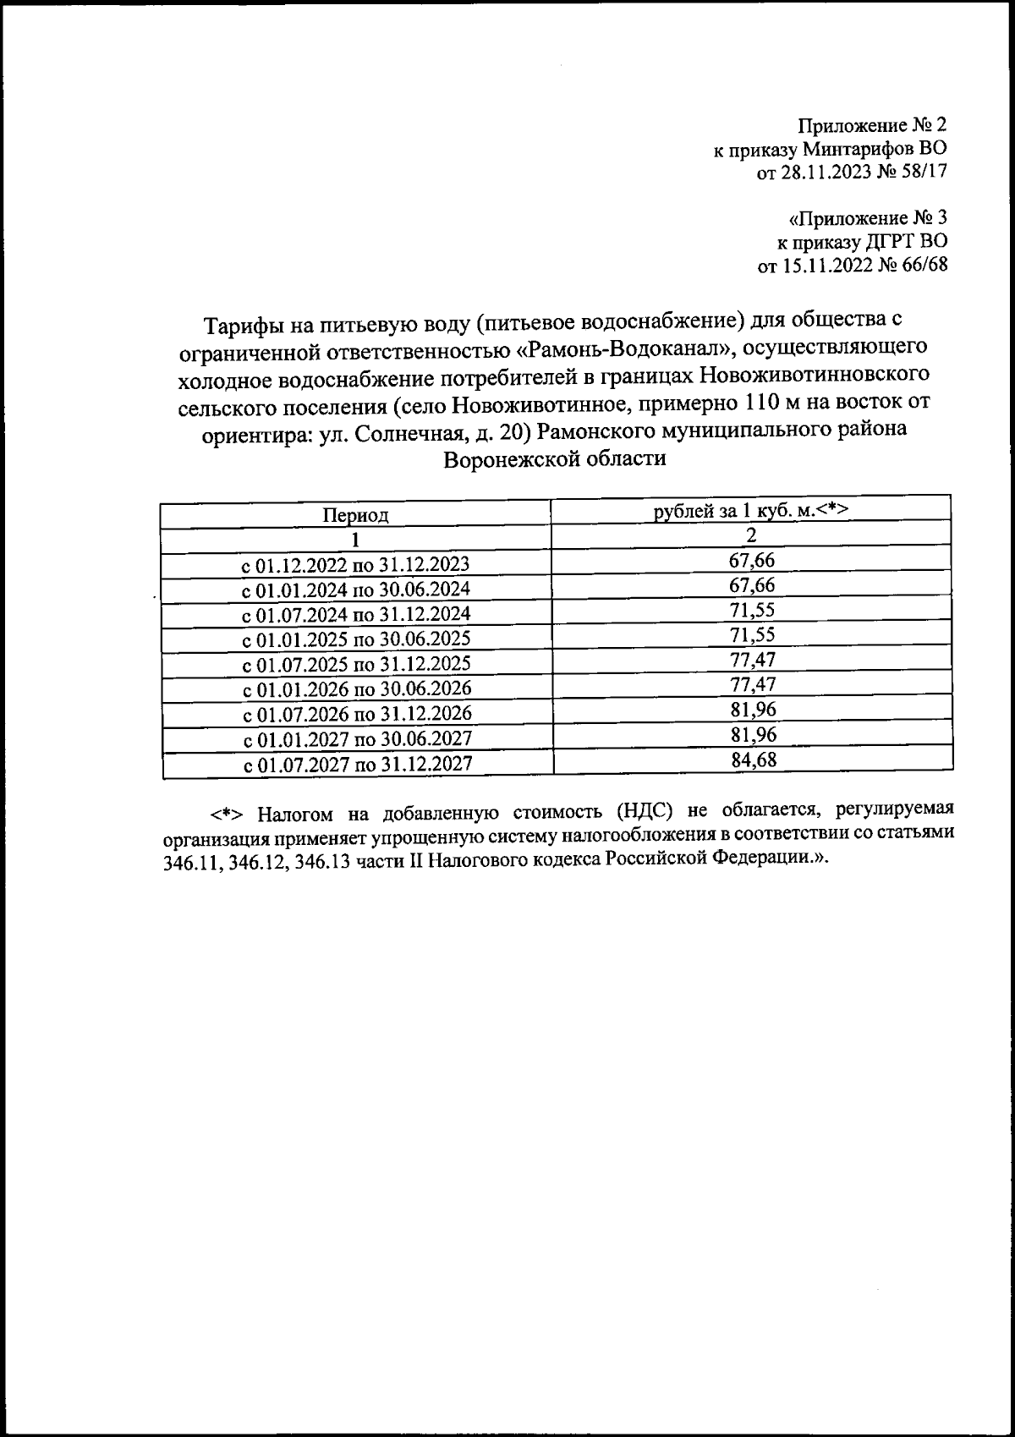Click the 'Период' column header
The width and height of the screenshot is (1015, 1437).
pyautogui.click(x=355, y=514)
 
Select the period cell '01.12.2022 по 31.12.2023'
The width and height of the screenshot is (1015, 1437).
pyautogui.click(x=356, y=564)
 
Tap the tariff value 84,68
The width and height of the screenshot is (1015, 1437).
pyautogui.click(x=753, y=759)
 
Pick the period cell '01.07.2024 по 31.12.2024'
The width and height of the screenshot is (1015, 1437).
pyautogui.click(x=356, y=613)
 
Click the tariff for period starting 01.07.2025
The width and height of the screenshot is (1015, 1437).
pyautogui.click(x=753, y=659)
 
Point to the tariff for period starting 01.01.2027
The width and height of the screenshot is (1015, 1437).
pyautogui.click(x=753, y=733)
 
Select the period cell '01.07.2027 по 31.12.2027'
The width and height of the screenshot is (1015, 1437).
pyautogui.click(x=357, y=765)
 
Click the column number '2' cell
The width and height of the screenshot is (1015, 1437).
pyautogui.click(x=751, y=535)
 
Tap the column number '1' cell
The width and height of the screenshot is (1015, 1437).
pyautogui.click(x=356, y=539)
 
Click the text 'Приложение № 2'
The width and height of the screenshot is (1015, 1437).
pyautogui.click(x=872, y=126)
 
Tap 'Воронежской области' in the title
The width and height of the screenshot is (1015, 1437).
pyautogui.click(x=555, y=458)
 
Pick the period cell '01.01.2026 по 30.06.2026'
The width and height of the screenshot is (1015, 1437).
pyautogui.click(x=357, y=688)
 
